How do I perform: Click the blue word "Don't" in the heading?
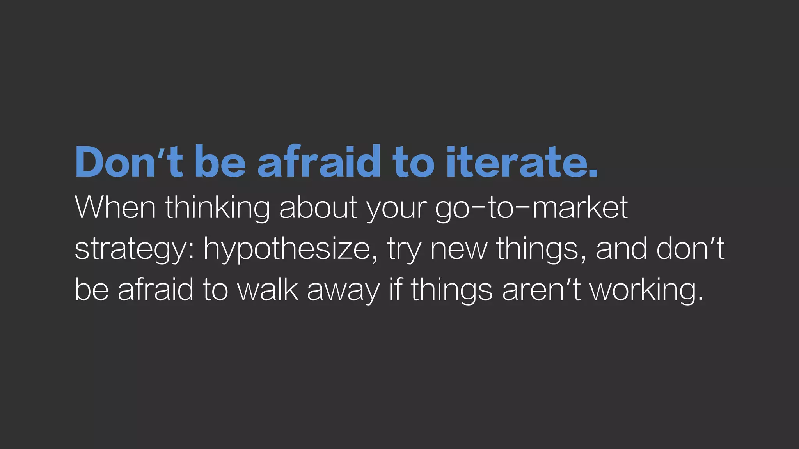click(x=129, y=161)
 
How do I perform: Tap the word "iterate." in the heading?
click(x=521, y=161)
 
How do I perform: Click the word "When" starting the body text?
click(x=115, y=208)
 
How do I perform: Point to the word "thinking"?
click(x=217, y=209)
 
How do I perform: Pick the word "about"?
click(x=318, y=208)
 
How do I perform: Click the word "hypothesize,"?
click(x=291, y=250)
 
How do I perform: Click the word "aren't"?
click(x=542, y=290)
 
